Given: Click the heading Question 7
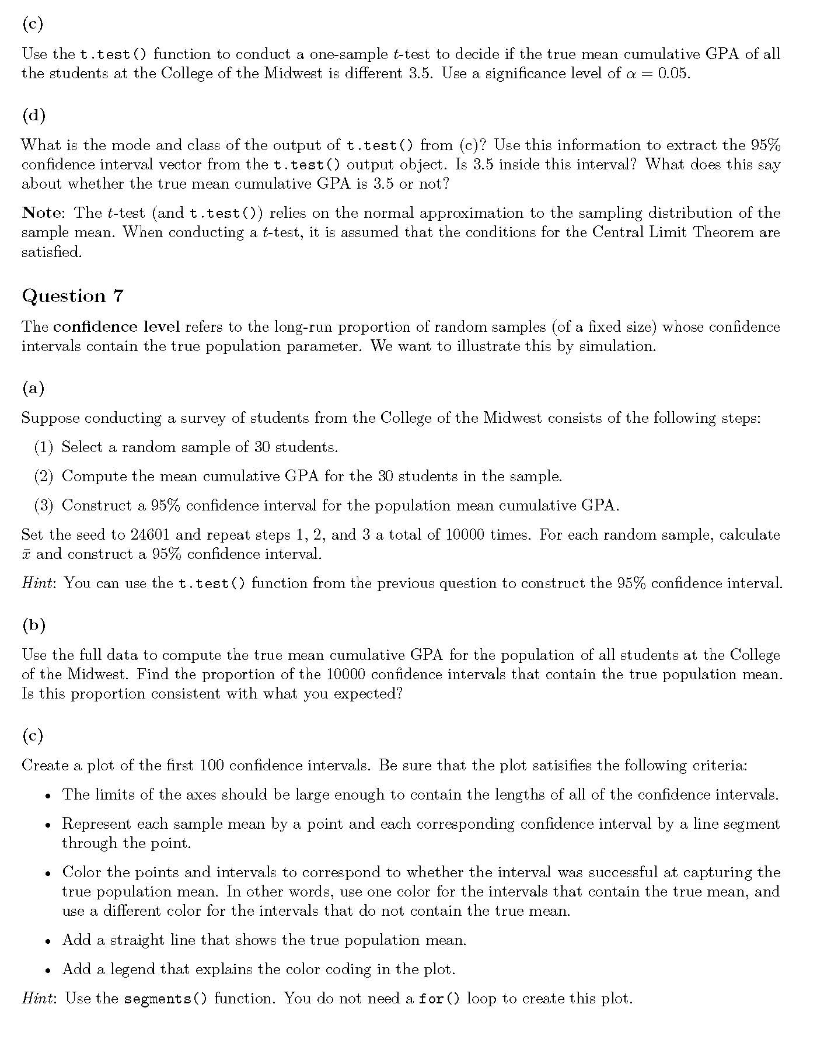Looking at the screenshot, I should pyautogui.click(x=73, y=296).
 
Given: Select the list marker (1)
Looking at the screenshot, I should pyautogui.click(x=44, y=447).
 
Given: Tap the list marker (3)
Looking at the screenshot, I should pyautogui.click(x=44, y=506).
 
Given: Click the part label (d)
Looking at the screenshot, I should pyautogui.click(x=33, y=115).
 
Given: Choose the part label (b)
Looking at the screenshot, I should pyautogui.click(x=33, y=625).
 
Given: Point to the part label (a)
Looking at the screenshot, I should pyautogui.click(x=33, y=388).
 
